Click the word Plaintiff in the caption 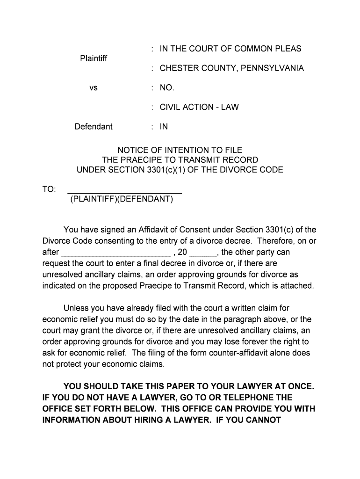point(94,58)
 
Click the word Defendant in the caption point(94,127)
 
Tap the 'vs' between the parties point(94,88)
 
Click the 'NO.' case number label point(167,88)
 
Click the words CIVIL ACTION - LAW point(199,107)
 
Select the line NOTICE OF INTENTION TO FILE point(180,150)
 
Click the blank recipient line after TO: point(125,191)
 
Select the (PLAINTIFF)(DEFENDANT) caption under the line point(122,199)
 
